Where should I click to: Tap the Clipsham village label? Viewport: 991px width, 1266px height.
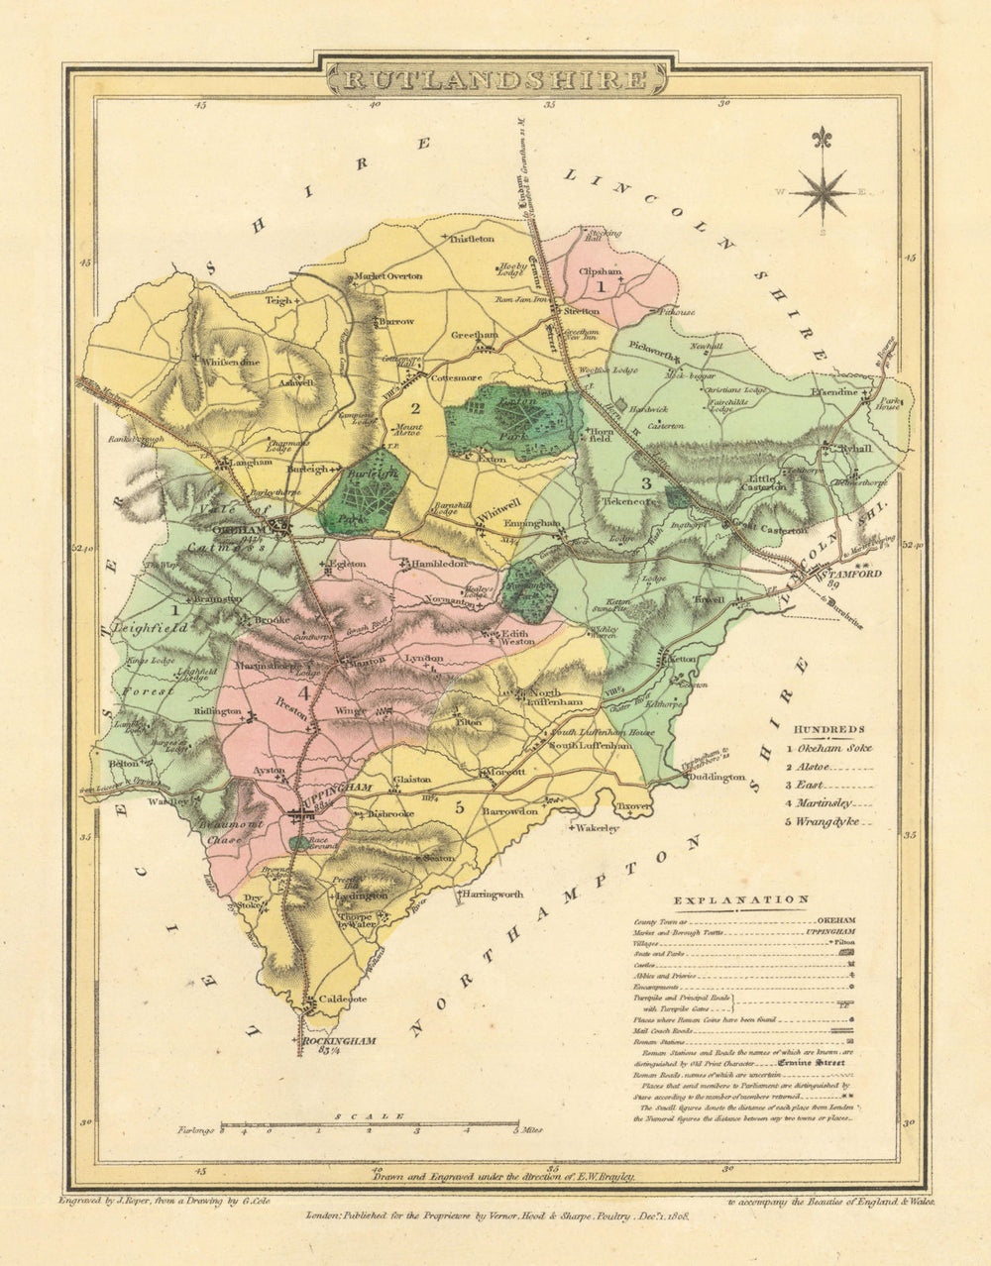point(600,267)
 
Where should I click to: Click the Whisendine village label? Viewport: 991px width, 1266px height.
point(231,363)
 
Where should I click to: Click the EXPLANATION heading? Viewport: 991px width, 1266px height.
point(741,899)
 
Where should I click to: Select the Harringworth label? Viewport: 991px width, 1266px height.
point(493,894)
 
